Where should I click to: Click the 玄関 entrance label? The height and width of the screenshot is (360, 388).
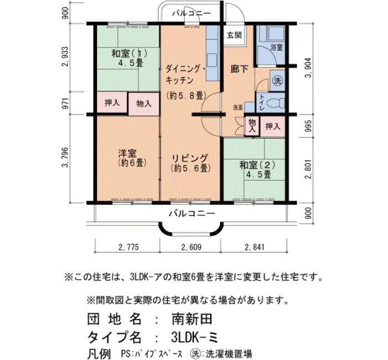coord(234,35)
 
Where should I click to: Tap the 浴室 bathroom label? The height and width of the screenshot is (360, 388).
coord(277,47)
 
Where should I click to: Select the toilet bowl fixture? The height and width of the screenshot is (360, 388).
coord(277,102)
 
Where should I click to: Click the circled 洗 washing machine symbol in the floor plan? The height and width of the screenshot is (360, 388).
coord(277,81)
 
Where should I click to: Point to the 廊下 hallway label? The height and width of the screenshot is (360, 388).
coord(239,69)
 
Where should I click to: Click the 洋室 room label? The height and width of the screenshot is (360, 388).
coord(127,153)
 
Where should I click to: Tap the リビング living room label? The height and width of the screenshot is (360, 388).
coord(190,158)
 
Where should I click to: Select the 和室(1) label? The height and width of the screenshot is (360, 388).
coord(129,53)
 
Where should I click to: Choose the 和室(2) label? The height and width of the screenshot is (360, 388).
coord(257,165)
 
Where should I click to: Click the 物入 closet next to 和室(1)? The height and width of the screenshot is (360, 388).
coord(144,104)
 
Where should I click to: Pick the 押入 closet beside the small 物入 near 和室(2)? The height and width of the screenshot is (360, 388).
coord(273,127)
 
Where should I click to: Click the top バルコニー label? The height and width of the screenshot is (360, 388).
coord(191,13)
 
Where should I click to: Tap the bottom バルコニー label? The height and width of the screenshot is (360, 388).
coord(192,213)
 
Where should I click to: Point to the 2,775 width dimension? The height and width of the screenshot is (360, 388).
coord(129,247)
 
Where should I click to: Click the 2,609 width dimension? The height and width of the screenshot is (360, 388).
coord(191,247)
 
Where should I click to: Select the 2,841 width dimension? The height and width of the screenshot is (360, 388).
coord(254,247)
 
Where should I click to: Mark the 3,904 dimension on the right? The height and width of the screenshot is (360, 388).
coord(308,68)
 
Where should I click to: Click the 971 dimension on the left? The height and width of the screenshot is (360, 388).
coord(65,103)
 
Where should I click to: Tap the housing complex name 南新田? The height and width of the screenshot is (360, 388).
coord(192,318)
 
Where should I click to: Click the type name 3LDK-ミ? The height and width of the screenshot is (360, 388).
coord(195,337)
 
